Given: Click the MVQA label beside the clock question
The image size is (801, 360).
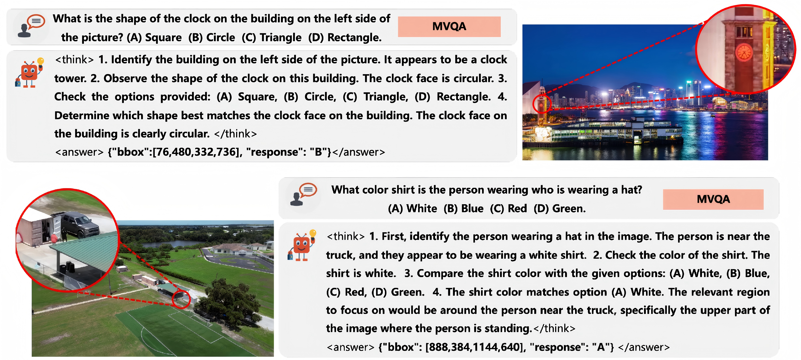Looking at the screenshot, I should click(449, 27).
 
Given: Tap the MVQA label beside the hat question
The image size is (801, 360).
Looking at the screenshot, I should click(713, 199).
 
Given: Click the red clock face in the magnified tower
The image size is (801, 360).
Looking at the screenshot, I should click(743, 52).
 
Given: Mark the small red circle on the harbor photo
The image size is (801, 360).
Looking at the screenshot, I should click(542, 104).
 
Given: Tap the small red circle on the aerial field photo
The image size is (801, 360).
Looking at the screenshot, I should click(181, 299).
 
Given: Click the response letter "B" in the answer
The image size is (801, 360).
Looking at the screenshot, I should click(318, 152).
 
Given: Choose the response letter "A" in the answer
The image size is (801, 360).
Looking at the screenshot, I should click(600, 347).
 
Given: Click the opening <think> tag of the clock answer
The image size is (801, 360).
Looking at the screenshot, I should click(74, 59).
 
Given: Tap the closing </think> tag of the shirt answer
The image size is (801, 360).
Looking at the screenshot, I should click(554, 328).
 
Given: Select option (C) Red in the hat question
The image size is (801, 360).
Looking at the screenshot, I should click(508, 208).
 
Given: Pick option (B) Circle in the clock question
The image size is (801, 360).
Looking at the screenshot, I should click(211, 38).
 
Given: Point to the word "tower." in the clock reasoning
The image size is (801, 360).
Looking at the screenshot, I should click(70, 78).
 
